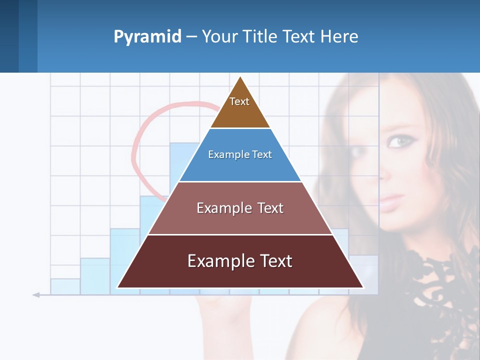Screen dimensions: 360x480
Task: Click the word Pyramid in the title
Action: coord(147,37)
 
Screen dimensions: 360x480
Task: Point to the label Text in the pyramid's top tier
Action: coord(239,101)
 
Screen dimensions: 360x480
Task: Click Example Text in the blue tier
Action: coord(240,154)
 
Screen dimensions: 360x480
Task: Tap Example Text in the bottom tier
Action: coord(240,261)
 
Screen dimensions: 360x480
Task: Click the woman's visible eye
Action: coord(398,142)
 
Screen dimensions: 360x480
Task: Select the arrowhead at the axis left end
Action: coord(36,295)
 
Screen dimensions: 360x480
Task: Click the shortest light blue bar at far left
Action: coord(65,286)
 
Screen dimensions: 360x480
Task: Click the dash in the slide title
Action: coord(191,37)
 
